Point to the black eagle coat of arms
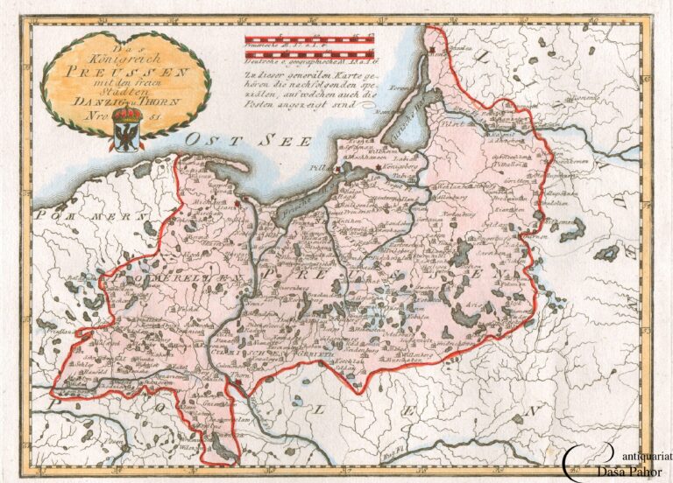coord(127,137)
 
